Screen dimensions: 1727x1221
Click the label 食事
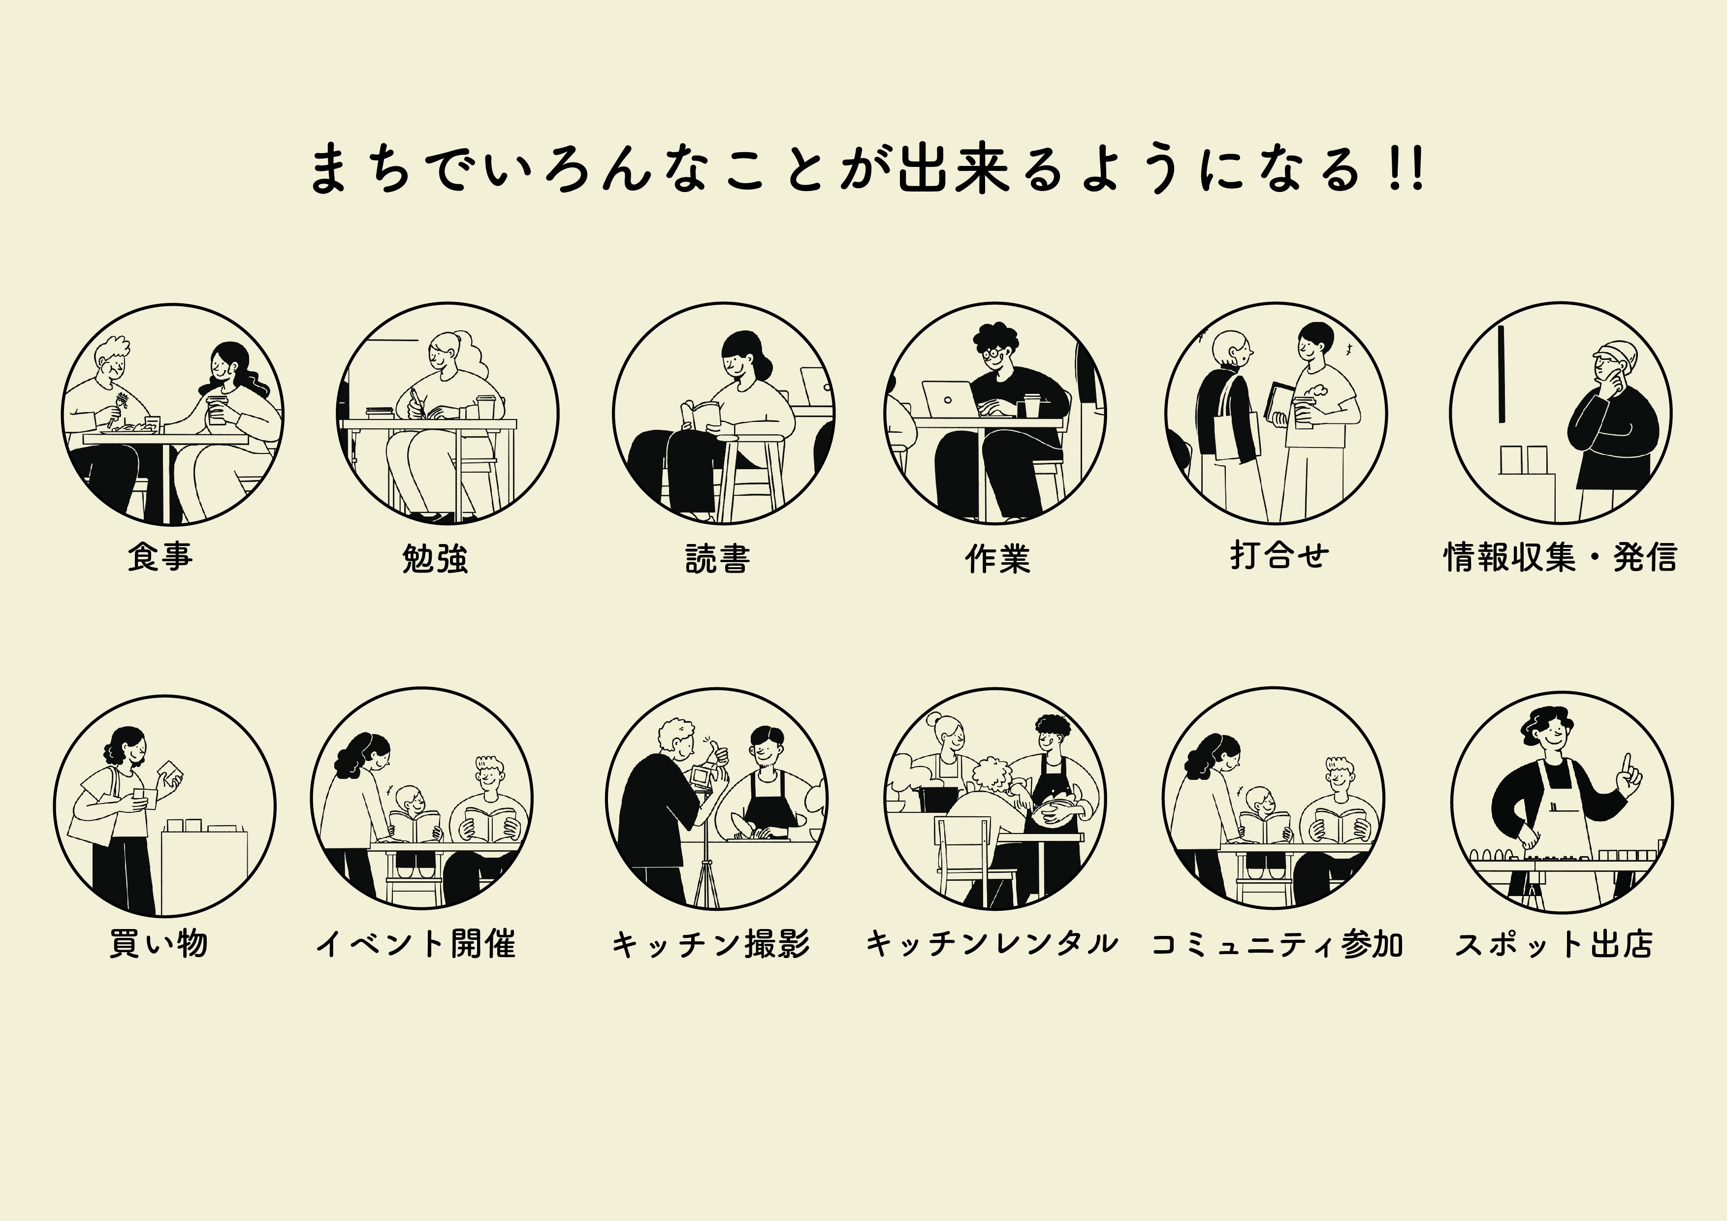tap(160, 557)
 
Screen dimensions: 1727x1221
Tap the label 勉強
tap(435, 558)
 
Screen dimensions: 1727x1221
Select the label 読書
tap(718, 558)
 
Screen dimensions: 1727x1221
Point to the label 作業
tap(997, 558)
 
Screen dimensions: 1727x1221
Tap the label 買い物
tap(158, 943)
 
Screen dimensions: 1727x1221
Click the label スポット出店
tap(1554, 943)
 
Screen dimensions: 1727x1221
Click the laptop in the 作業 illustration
tap(949, 399)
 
